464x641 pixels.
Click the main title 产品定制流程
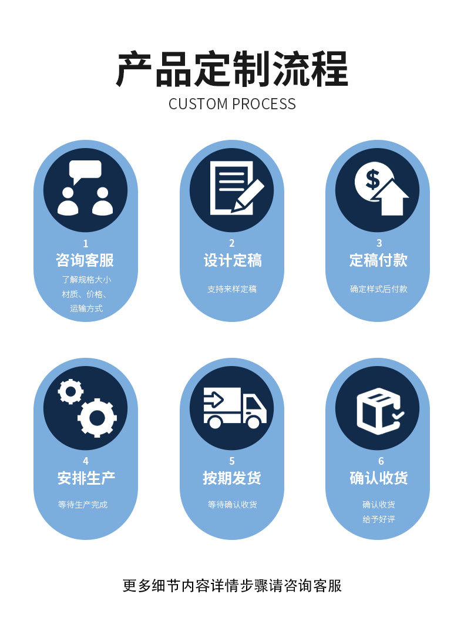coord(232,69)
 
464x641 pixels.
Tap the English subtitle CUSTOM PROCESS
coord(232,104)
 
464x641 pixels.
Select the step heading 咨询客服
coord(85,260)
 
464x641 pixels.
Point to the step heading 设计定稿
coord(232,260)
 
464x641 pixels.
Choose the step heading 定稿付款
coord(378,260)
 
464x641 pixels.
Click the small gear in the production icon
coord(70,391)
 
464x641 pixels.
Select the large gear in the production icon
coord(97,418)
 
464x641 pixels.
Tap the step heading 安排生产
coord(85,478)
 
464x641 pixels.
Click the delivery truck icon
coord(234,407)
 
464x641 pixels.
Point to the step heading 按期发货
coord(232,478)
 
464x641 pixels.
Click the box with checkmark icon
coord(378,410)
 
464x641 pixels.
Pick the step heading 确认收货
coord(378,478)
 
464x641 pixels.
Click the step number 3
coord(379,243)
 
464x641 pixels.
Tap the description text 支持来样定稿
coord(232,289)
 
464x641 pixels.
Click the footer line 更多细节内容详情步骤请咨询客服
coord(232,586)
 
